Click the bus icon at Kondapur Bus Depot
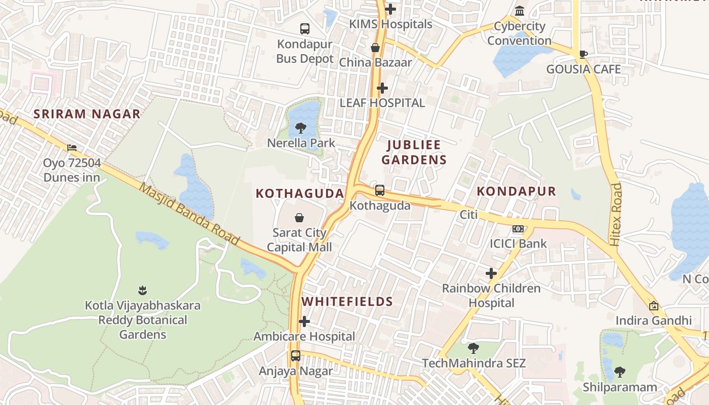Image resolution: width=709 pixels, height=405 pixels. (x=304, y=29)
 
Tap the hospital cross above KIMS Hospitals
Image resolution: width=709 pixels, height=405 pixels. (x=390, y=9)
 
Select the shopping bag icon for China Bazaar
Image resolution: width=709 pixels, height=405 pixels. (x=375, y=48)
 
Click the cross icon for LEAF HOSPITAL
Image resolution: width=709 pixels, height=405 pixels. (x=382, y=88)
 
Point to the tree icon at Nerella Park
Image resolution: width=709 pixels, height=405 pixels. (x=301, y=128)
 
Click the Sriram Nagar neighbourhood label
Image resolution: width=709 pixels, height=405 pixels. (x=87, y=114)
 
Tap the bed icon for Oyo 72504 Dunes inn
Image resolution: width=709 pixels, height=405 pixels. (x=72, y=148)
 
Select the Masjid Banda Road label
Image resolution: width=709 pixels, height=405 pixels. (x=189, y=214)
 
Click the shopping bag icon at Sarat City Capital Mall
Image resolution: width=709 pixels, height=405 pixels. (x=299, y=218)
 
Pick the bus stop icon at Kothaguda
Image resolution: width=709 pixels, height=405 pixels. (x=380, y=190)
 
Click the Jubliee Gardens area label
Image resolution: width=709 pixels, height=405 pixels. (x=414, y=152)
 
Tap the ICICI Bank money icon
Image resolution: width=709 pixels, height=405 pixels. (x=518, y=229)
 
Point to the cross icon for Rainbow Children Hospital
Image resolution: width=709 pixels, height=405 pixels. (x=491, y=273)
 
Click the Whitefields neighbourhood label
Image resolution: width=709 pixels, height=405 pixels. (x=347, y=302)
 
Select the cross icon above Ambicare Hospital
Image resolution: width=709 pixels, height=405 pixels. (x=304, y=321)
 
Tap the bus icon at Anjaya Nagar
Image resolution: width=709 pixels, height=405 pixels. (x=296, y=356)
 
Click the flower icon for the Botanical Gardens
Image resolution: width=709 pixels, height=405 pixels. (x=142, y=291)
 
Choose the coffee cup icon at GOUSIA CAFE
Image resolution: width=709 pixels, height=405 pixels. (x=583, y=54)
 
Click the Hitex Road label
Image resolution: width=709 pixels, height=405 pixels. (x=615, y=215)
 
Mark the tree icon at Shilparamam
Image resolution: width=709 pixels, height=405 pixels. (x=619, y=373)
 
